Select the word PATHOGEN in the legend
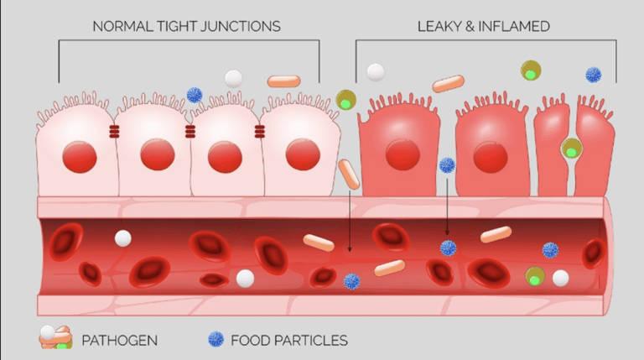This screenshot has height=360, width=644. click(119, 340)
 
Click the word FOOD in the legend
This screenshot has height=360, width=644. click(249, 340)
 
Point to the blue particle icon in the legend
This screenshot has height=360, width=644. click(216, 339)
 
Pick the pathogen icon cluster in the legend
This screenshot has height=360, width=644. click(55, 337)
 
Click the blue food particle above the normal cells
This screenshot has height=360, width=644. click(195, 95)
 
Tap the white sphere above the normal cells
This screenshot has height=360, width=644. click(233, 79)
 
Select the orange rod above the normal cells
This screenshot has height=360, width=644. click(283, 81)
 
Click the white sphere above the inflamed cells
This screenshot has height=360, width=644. click(376, 72)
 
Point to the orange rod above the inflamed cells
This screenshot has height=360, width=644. click(448, 83)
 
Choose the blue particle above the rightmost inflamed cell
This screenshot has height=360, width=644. click(594, 75)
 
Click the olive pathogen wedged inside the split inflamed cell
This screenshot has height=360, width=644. click(572, 150)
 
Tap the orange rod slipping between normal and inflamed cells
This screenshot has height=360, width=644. click(349, 174)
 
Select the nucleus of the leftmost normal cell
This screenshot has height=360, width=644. click(78, 155)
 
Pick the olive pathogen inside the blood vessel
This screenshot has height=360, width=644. click(534, 275)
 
